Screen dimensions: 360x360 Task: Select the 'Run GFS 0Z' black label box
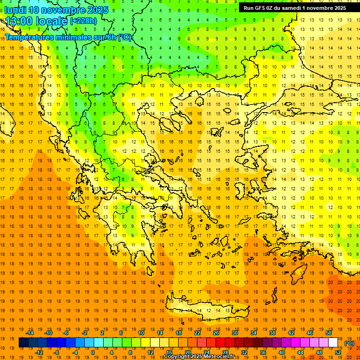tap(294, 7)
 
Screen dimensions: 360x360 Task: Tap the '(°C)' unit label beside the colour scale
tap(349, 343)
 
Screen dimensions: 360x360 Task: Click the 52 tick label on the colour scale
tap(338, 352)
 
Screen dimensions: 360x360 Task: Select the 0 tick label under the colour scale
tap(93, 352)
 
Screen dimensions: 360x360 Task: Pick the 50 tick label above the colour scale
tap(329, 333)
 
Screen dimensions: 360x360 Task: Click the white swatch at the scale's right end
tap(333, 343)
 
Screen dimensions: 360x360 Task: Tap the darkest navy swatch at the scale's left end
tap(23, 343)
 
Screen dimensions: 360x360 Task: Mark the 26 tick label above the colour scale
tap(216, 333)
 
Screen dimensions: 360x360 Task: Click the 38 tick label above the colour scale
tap(272, 333)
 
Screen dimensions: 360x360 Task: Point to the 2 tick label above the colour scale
tap(102, 333)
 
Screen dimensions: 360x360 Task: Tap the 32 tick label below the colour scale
tap(244, 352)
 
